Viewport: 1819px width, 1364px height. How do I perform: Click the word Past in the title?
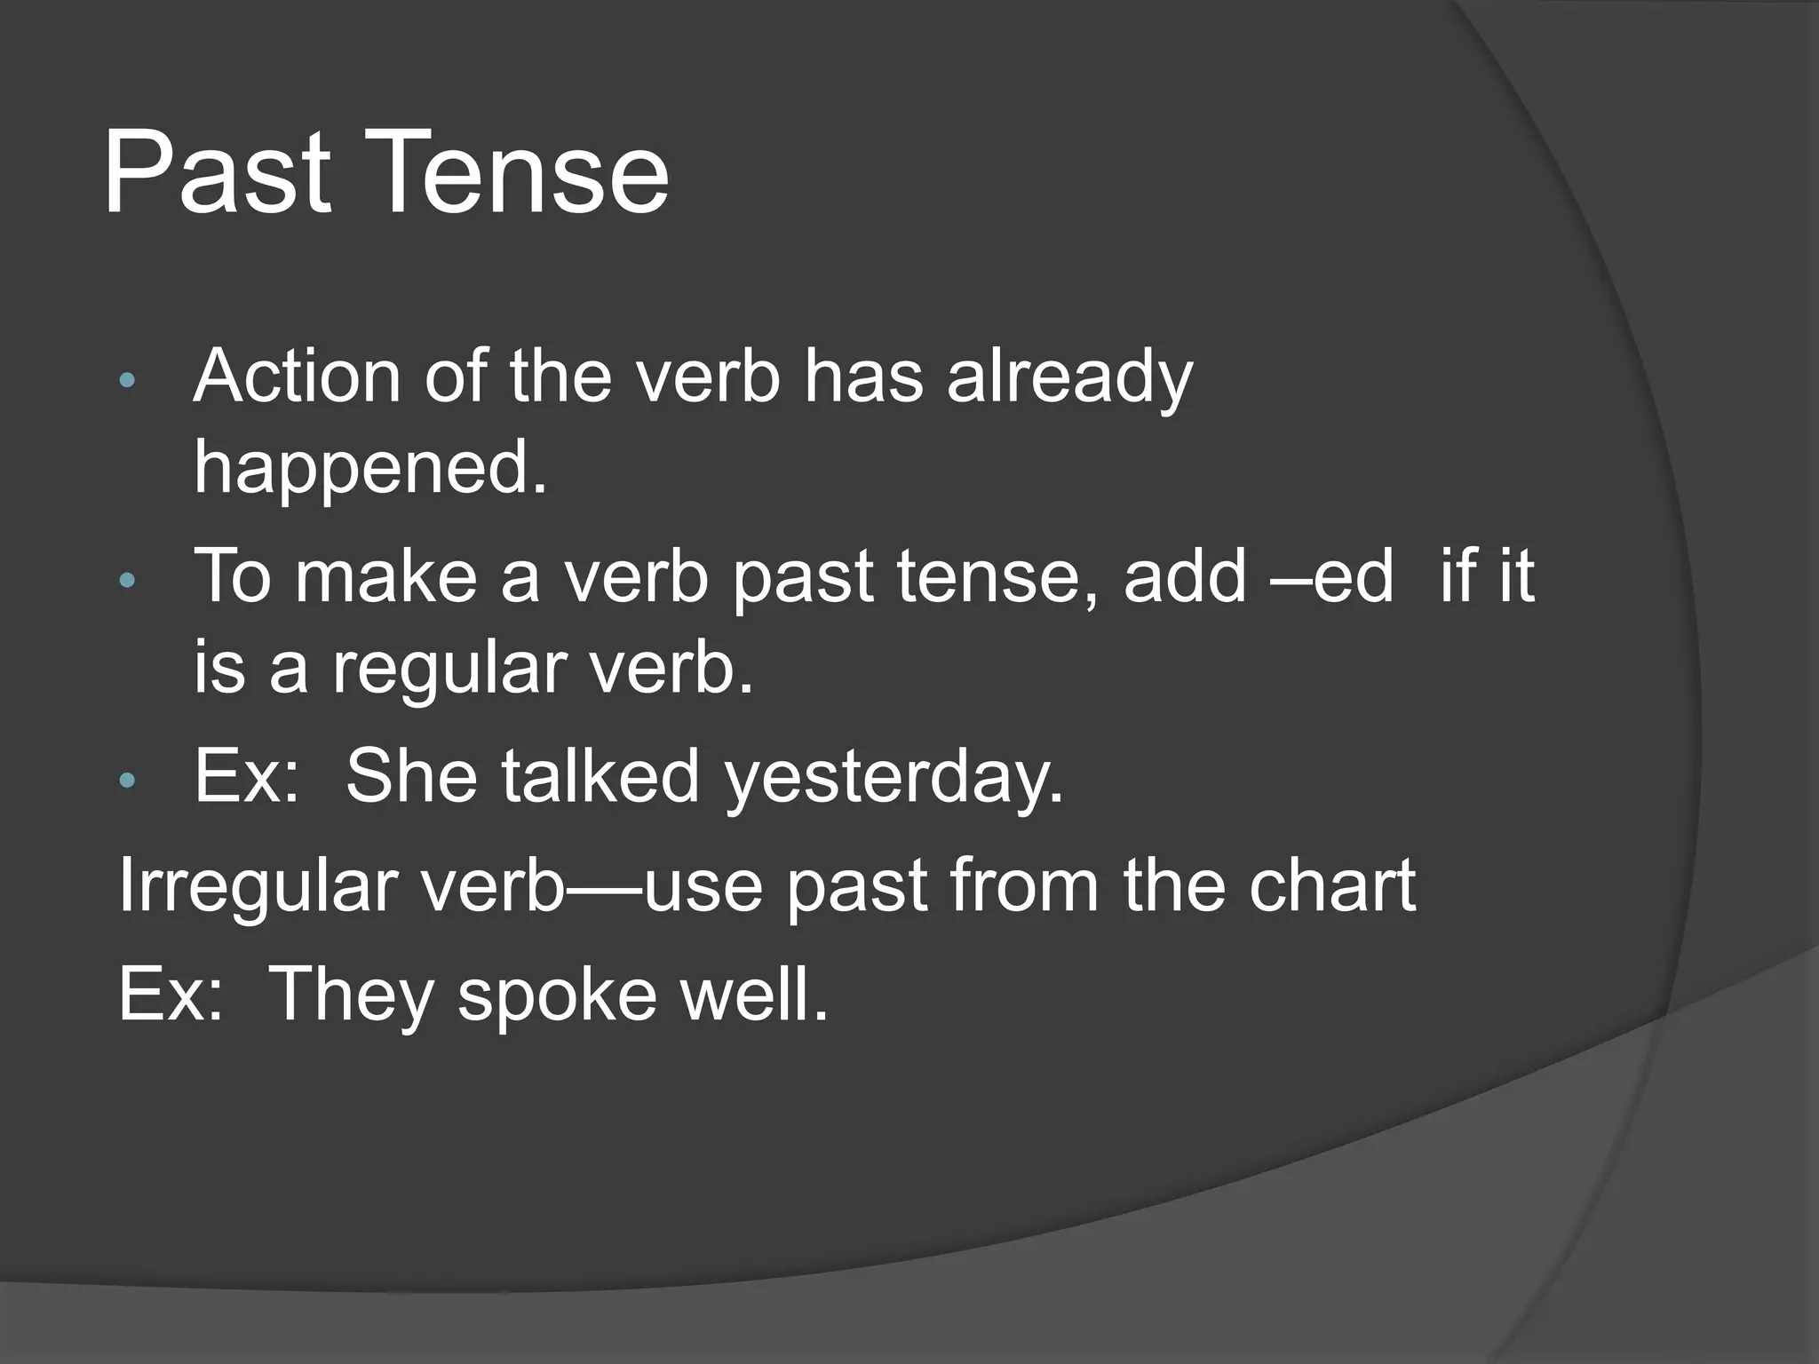(x=218, y=173)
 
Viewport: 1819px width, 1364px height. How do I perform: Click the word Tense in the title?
(x=524, y=173)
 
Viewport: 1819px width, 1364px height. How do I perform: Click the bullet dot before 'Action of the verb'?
(x=127, y=381)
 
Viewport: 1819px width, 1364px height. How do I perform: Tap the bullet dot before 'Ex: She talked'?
(x=127, y=781)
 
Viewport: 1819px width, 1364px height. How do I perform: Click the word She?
(x=411, y=777)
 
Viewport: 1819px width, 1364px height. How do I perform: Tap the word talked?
(x=600, y=777)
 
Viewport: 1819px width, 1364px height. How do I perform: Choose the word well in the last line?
(x=755, y=995)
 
